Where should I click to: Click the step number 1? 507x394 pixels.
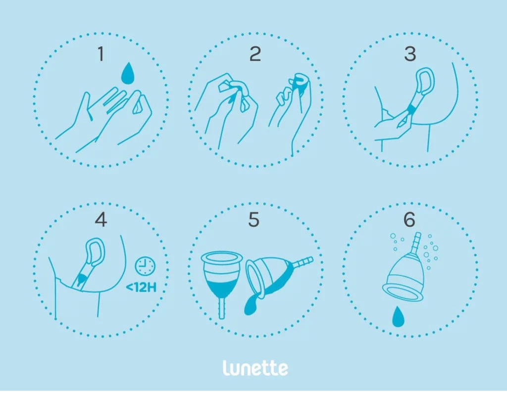101,54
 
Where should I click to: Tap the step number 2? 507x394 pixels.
255,54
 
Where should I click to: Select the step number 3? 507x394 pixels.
410,54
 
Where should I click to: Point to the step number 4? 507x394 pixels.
101,220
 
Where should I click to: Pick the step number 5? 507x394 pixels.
254,220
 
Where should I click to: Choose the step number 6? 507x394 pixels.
409,220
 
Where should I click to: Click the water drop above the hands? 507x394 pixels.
128,73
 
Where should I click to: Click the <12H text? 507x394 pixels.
141,287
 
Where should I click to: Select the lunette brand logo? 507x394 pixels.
255,368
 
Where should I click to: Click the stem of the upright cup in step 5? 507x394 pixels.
222,308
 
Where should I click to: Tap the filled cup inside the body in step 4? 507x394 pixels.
82,278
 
